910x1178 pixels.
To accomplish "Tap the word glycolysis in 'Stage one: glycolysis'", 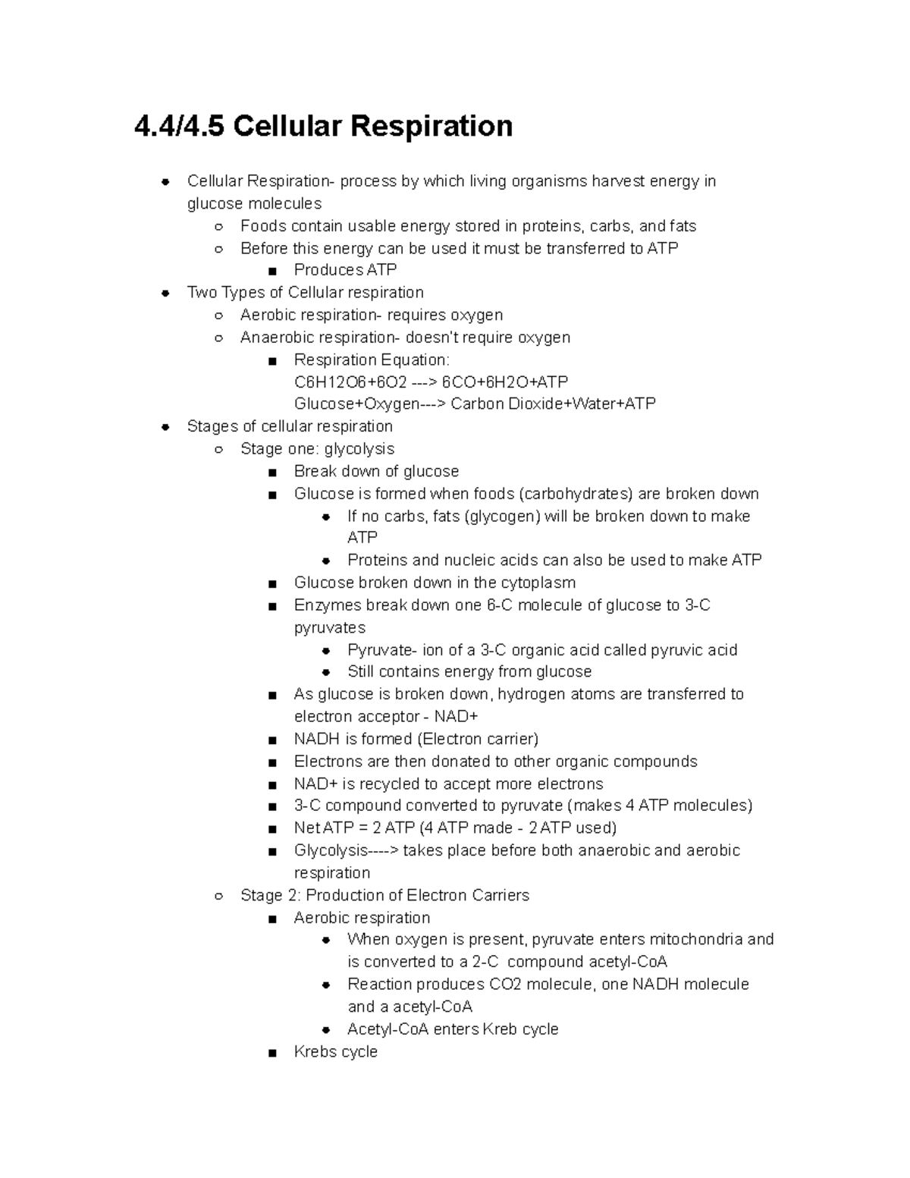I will click(359, 449).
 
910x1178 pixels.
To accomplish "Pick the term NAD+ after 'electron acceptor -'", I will click(456, 717).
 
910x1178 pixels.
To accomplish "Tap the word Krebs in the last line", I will click(315, 1051).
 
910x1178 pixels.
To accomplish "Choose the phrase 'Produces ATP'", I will click(345, 270).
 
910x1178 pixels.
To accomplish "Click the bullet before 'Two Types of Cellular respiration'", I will click(165, 293).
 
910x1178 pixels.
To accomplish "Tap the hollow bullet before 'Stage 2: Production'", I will click(218, 896).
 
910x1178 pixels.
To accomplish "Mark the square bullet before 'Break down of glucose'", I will click(272, 472).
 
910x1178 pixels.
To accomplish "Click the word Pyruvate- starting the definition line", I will click(382, 650).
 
